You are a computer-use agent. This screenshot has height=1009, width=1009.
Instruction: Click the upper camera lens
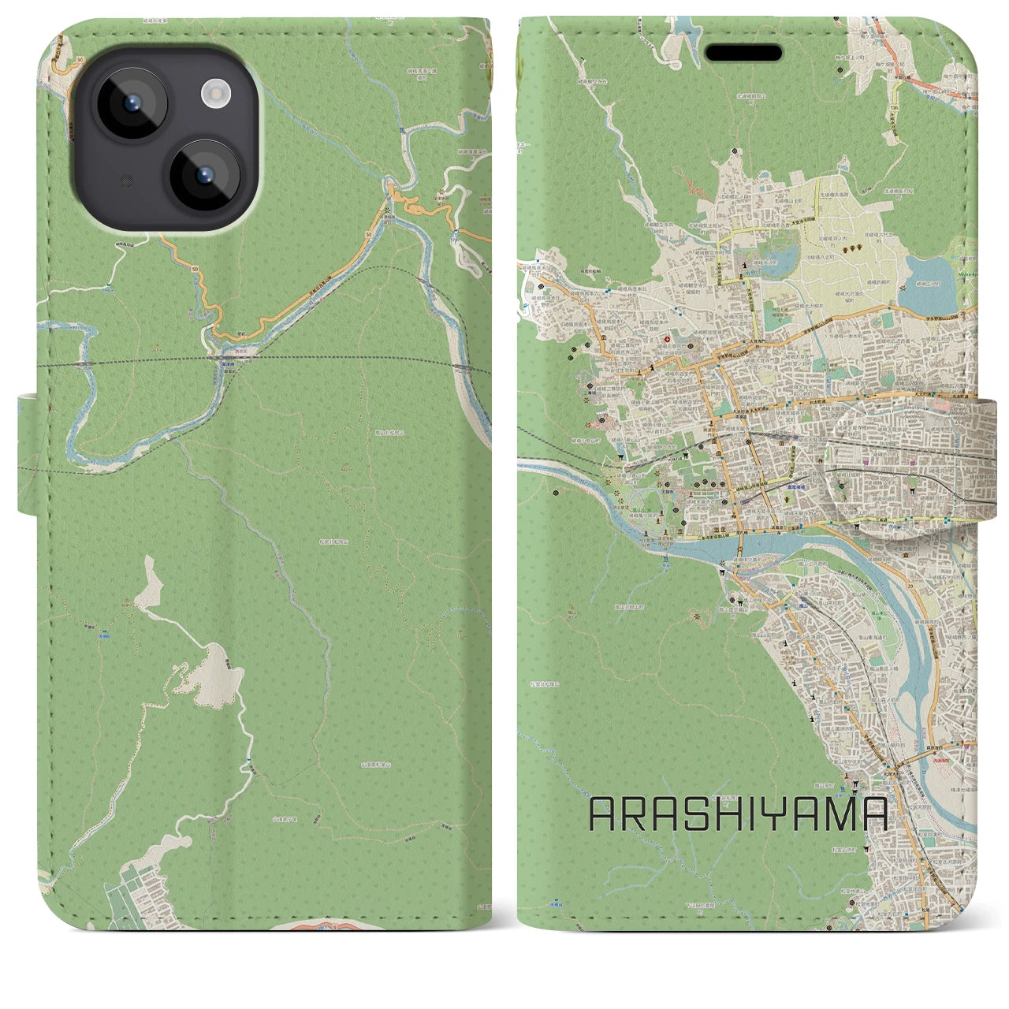click(x=131, y=102)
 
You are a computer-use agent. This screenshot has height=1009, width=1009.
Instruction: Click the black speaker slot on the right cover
click(x=743, y=53)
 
